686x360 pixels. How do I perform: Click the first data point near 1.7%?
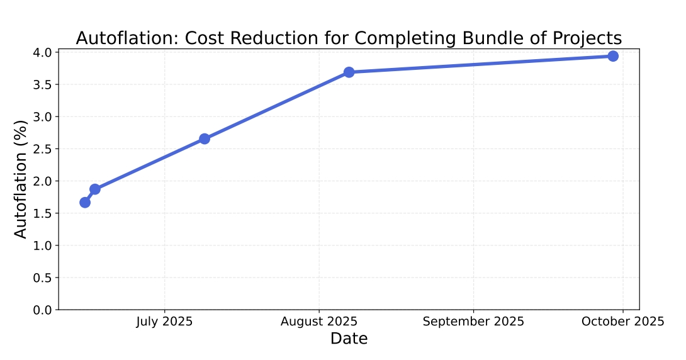pyautogui.click(x=85, y=202)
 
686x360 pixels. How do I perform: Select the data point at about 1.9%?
pyautogui.click(x=95, y=189)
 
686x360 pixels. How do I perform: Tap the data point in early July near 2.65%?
pyautogui.click(x=205, y=138)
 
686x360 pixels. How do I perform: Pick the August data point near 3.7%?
pyautogui.click(x=349, y=72)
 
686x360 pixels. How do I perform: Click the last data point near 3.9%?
pyautogui.click(x=613, y=56)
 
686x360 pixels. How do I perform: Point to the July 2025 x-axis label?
pyautogui.click(x=164, y=322)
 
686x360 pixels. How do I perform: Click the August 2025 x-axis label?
pyautogui.click(x=319, y=322)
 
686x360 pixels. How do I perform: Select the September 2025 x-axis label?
pyautogui.click(x=473, y=322)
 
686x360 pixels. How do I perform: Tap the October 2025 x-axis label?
pyautogui.click(x=622, y=322)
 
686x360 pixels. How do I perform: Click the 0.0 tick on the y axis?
pyautogui.click(x=43, y=310)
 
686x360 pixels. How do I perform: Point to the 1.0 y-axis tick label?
pyautogui.click(x=43, y=245)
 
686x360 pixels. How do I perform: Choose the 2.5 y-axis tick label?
pyautogui.click(x=43, y=149)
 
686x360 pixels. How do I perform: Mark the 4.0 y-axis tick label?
pyautogui.click(x=43, y=52)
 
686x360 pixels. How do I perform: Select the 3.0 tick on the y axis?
pyautogui.click(x=43, y=117)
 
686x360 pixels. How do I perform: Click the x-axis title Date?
pyautogui.click(x=349, y=339)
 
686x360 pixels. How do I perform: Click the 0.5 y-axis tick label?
pyautogui.click(x=43, y=278)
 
